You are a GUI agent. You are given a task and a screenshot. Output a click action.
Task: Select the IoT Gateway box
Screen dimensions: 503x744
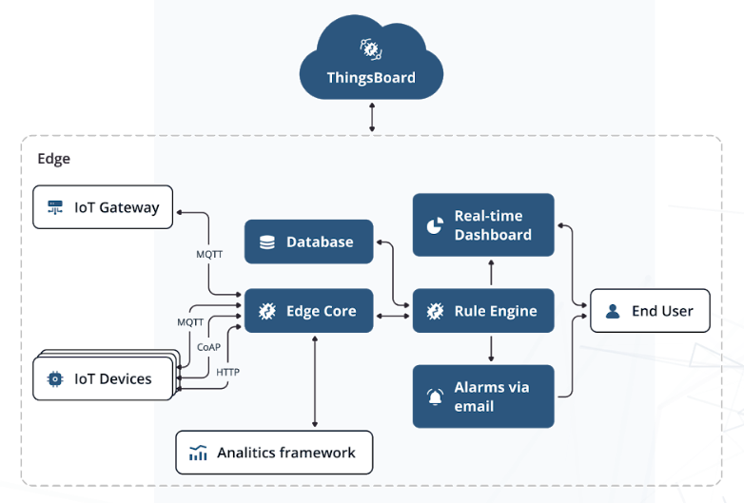(103, 207)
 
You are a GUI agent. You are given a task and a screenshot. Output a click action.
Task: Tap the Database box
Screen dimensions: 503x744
(308, 242)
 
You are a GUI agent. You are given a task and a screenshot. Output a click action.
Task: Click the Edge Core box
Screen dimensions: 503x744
(308, 311)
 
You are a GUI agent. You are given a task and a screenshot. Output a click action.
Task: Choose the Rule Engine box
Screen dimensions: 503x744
(483, 311)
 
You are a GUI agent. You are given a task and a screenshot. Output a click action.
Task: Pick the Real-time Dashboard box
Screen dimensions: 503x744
(483, 225)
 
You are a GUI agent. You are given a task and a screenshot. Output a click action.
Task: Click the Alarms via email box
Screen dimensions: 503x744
(483, 397)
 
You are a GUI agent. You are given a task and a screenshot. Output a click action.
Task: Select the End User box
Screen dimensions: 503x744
(650, 311)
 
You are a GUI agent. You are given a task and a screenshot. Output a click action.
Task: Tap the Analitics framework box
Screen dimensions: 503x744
(274, 453)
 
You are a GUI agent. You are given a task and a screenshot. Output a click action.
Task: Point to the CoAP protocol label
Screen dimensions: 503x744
(208, 347)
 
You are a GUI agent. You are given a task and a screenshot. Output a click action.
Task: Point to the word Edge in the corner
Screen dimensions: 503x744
(53, 159)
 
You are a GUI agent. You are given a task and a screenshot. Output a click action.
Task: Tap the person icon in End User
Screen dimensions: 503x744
(613, 311)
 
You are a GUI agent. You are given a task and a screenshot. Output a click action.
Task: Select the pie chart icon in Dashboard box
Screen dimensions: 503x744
(435, 225)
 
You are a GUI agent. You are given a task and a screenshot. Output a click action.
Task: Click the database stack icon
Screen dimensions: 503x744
(267, 242)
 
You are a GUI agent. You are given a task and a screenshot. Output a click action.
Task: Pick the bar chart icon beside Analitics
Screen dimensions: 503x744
(198, 453)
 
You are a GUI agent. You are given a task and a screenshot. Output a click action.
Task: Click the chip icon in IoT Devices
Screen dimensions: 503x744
(55, 378)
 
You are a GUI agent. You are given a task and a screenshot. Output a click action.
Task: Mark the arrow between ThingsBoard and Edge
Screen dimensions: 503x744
(371, 116)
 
